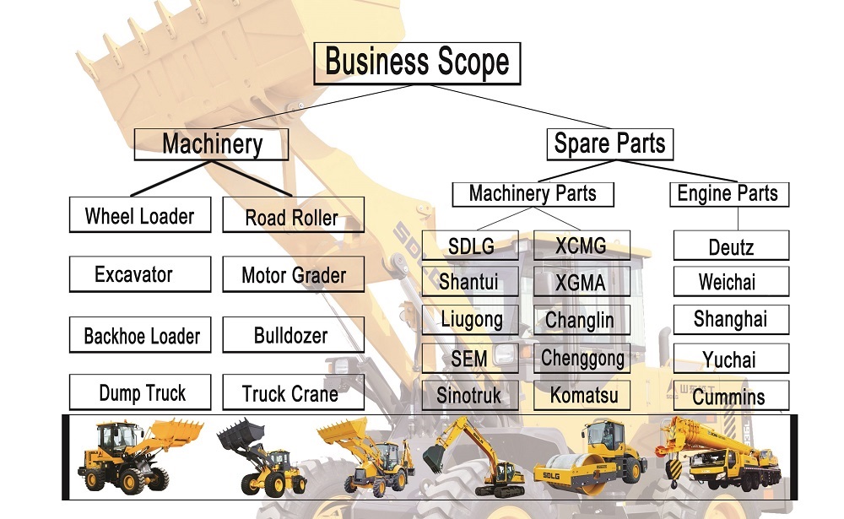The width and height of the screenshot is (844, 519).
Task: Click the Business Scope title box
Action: pos(417,63)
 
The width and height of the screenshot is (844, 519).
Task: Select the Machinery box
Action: pos(211,144)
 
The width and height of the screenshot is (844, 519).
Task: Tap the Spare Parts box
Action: pos(610,144)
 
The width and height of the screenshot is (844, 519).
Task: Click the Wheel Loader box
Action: pos(140,215)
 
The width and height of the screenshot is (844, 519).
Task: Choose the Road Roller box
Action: pos(294,215)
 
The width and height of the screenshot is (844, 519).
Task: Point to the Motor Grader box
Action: pos(294,274)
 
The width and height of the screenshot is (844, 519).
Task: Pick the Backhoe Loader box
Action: pos(140,335)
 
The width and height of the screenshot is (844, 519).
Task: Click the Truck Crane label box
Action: pos(294,392)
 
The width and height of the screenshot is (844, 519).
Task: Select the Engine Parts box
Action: pos(729,194)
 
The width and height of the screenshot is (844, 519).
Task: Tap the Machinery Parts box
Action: pos(533,194)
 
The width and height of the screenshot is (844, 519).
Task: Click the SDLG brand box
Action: pos(470,246)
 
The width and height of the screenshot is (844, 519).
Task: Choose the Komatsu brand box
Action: pos(582,395)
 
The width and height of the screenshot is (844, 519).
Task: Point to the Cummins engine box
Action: pos(732,396)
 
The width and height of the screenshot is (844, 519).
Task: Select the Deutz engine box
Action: pos(732,246)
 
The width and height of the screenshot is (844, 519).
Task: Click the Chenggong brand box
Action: pos(582,358)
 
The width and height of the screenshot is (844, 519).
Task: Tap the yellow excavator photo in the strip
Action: pos(473,457)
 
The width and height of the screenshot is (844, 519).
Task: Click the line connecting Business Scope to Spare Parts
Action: pos(519,106)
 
